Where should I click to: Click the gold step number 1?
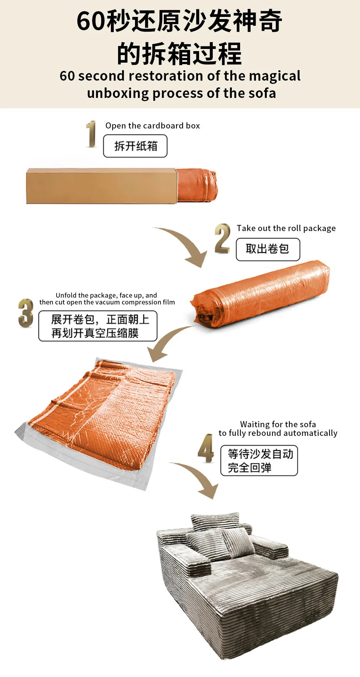[91, 134]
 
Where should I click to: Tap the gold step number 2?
[222, 238]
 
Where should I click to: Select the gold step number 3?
[26, 313]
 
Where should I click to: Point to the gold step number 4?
[206, 448]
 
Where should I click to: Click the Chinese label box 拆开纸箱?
[135, 146]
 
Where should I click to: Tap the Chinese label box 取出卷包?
[268, 249]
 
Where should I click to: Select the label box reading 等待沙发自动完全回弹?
[259, 461]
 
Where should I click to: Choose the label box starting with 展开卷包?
[98, 326]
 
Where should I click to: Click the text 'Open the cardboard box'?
[153, 126]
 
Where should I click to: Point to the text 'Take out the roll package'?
[286, 228]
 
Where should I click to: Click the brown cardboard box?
[102, 186]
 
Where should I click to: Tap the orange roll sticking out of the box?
[197, 185]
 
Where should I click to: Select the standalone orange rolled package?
[260, 294]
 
